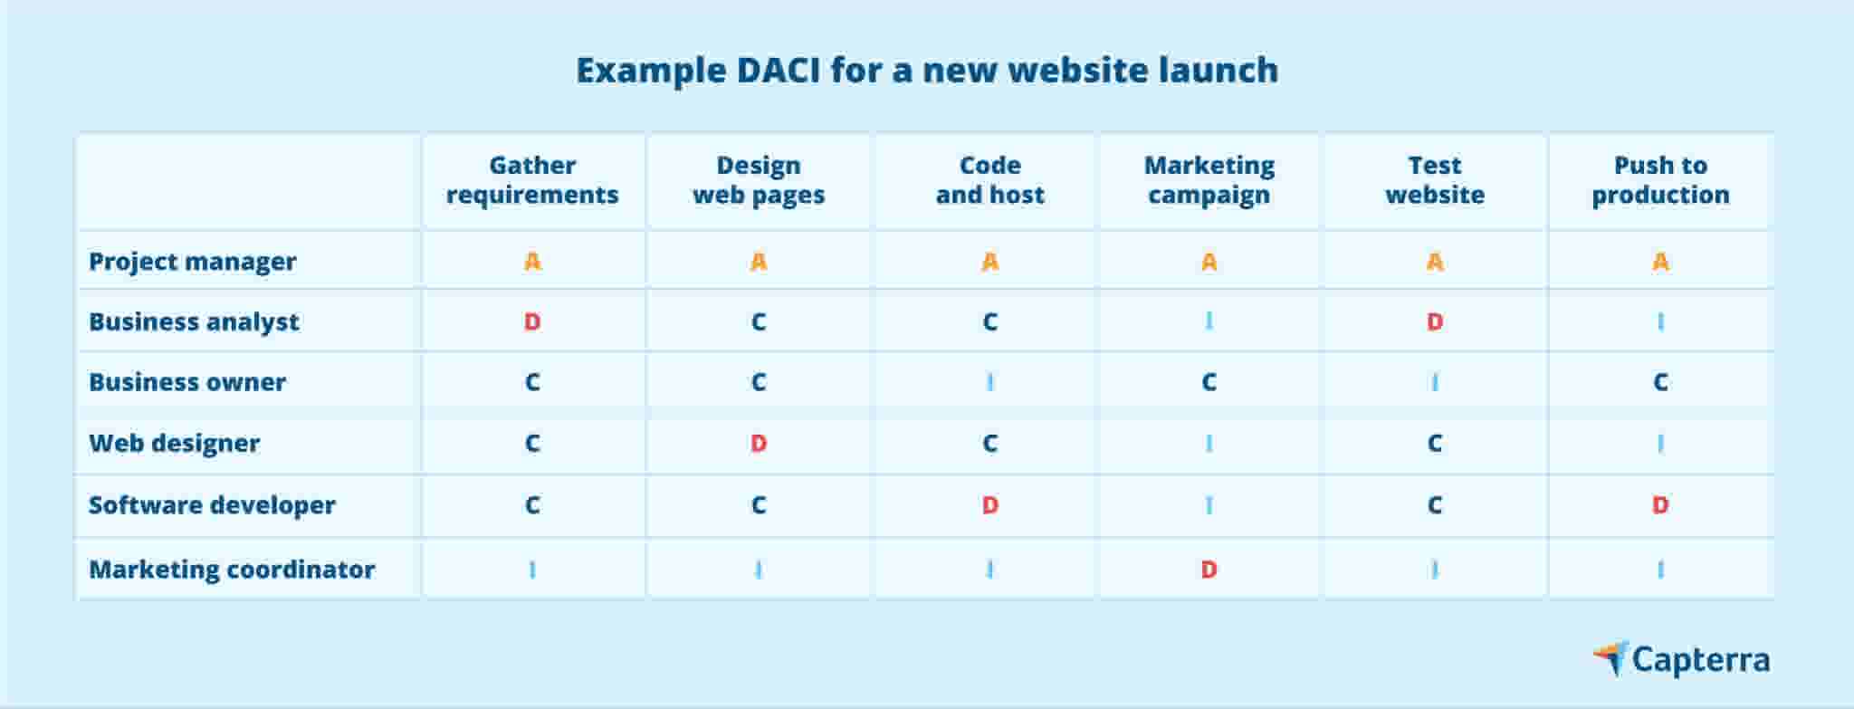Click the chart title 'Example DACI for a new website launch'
[x=927, y=71]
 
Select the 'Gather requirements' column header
[x=532, y=180]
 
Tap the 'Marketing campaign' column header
[x=1209, y=180]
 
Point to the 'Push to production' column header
[x=1660, y=180]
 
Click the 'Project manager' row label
[x=192, y=262]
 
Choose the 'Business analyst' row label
[x=194, y=322]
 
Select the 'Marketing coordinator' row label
[x=232, y=570]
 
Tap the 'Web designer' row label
[x=174, y=444]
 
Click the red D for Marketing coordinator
[x=1209, y=570]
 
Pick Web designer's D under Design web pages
[x=759, y=444]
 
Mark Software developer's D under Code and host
[x=989, y=505]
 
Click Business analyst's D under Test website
[x=1434, y=322]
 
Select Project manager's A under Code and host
[x=989, y=263]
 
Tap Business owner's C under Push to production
[x=1660, y=382]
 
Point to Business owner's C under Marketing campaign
[x=1209, y=382]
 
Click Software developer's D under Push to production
[x=1660, y=505]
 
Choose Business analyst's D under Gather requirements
[x=532, y=322]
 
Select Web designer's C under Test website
[x=1434, y=444]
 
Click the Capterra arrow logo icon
[x=1611, y=657]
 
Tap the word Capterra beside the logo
[x=1700, y=660]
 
